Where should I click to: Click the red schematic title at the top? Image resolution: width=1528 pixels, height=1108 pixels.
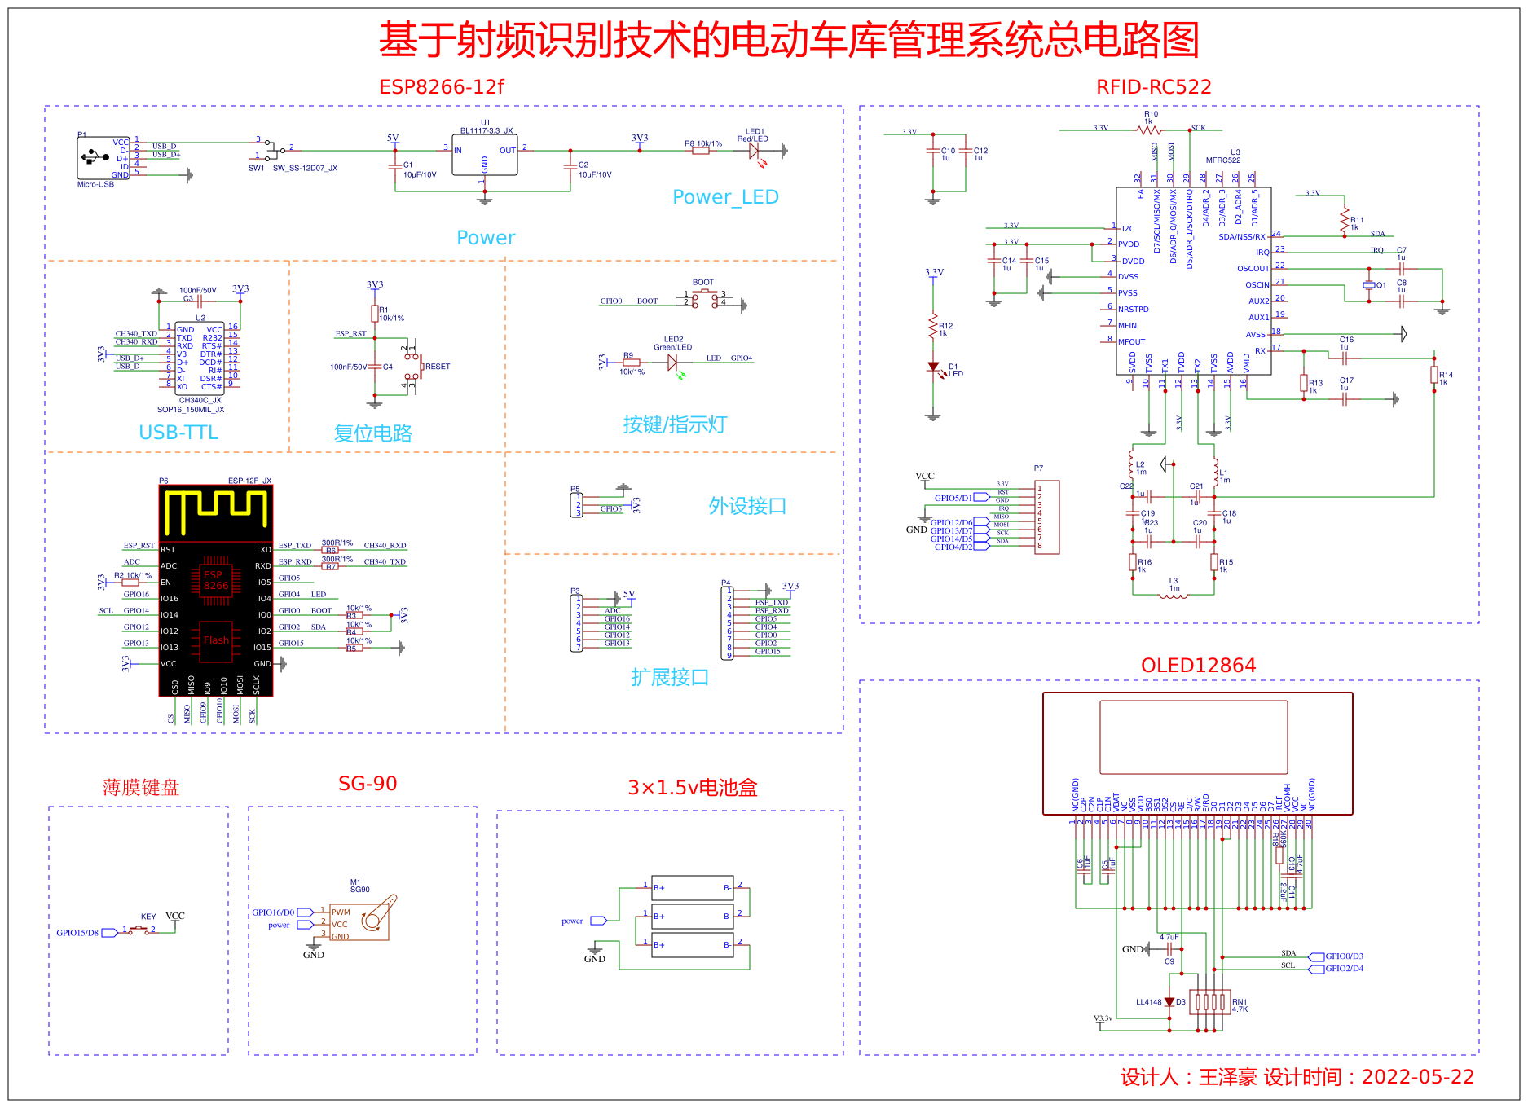(x=788, y=40)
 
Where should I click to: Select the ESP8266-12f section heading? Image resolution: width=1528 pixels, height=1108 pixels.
(x=441, y=87)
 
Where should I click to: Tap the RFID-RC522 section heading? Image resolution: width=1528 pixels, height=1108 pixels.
(x=1153, y=87)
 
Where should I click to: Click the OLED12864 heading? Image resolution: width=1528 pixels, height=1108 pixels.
(x=1198, y=666)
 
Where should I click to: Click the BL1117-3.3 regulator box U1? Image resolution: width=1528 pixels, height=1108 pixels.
(x=484, y=155)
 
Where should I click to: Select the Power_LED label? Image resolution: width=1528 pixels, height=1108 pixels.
(x=725, y=197)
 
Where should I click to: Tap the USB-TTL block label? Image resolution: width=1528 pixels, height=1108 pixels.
(x=178, y=433)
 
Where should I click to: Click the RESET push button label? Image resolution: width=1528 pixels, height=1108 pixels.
(x=438, y=367)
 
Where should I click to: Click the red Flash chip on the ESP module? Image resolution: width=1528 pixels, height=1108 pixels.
(x=216, y=640)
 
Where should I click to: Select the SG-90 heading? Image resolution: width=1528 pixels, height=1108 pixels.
(x=368, y=784)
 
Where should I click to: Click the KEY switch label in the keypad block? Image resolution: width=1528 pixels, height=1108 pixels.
(x=148, y=917)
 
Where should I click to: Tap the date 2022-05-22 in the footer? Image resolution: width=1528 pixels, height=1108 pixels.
(x=1417, y=1077)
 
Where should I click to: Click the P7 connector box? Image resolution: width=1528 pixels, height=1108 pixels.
(x=1046, y=517)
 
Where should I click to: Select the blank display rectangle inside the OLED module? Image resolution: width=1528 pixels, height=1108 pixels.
(x=1193, y=737)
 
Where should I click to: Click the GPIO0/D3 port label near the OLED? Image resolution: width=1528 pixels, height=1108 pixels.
(x=1344, y=956)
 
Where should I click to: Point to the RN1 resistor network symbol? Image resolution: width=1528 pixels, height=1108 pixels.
(x=1210, y=1002)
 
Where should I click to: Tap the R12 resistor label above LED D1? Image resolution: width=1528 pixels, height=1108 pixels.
(x=945, y=326)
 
